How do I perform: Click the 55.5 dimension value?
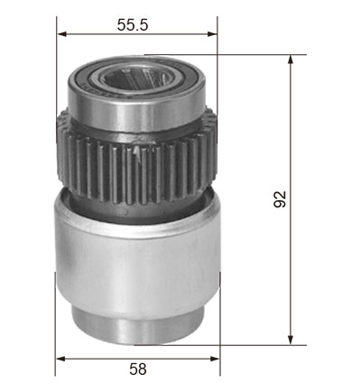point(133,24)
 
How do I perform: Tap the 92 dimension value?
point(280,199)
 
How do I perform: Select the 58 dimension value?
point(138,369)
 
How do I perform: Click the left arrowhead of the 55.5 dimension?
point(61,34)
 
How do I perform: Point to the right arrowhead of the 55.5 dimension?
point(212,34)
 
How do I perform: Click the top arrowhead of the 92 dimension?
point(291,59)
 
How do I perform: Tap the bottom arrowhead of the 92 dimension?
point(291,340)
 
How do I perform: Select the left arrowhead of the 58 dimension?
point(60,359)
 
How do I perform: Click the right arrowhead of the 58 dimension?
point(215,359)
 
